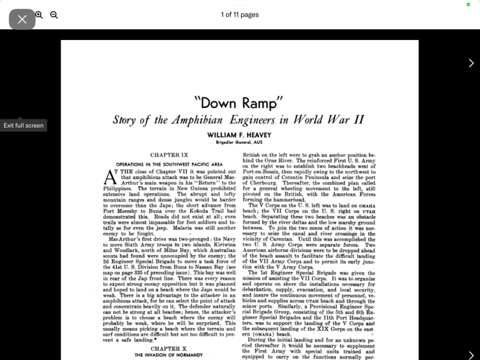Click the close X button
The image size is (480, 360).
(x=22, y=19)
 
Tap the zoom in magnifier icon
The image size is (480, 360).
(x=39, y=15)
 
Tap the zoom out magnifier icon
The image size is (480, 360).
(x=54, y=15)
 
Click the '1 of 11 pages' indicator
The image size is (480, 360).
(x=239, y=14)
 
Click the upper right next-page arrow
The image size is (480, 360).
(x=471, y=63)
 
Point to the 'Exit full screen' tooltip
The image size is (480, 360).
(x=23, y=126)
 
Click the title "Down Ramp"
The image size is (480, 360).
(x=238, y=103)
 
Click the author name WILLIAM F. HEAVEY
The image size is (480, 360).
(x=239, y=135)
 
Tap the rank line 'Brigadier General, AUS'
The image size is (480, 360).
(x=239, y=142)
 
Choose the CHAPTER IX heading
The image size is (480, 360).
(x=169, y=155)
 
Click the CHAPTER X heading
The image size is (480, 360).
(x=169, y=349)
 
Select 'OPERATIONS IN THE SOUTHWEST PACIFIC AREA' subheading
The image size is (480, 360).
(x=169, y=164)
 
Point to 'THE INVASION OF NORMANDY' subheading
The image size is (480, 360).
(x=169, y=355)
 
